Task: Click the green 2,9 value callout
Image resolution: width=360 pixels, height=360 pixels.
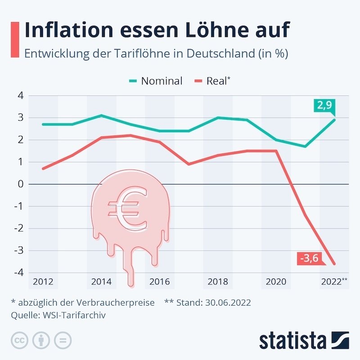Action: coord(325,106)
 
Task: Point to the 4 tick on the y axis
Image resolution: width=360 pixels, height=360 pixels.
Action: coord(20,95)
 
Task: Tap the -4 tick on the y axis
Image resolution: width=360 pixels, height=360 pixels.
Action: coord(18,273)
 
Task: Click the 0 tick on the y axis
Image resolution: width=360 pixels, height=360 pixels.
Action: coord(20,184)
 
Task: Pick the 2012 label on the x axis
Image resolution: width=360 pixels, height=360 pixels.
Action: coord(43,282)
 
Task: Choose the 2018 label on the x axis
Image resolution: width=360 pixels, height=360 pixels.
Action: coord(218,282)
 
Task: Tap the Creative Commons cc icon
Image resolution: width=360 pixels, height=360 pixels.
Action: coord(19,340)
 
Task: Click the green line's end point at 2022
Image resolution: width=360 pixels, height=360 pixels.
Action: coord(334,120)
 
